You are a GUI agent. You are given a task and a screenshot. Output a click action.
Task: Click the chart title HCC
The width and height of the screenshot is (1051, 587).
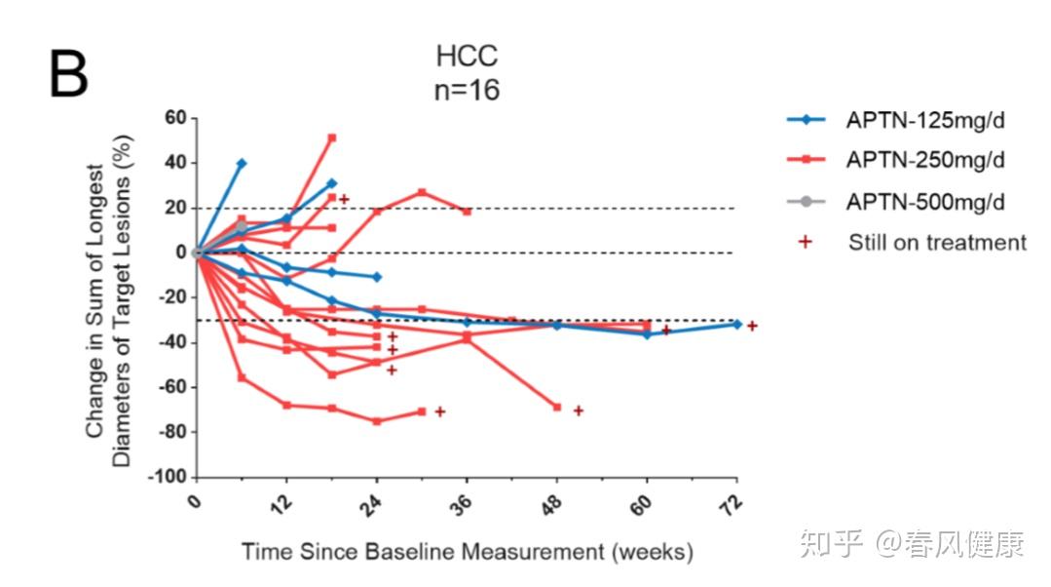click(467, 56)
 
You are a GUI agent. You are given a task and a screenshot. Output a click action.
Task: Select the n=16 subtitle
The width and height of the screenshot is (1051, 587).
click(467, 91)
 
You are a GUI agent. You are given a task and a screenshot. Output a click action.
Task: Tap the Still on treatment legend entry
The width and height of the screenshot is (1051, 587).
click(936, 242)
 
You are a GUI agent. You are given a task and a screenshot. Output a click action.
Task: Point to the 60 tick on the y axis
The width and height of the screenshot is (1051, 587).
click(174, 119)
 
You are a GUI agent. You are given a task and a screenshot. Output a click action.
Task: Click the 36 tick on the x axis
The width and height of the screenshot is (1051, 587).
click(464, 505)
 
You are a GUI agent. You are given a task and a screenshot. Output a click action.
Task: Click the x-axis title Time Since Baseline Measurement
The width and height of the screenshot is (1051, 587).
click(467, 552)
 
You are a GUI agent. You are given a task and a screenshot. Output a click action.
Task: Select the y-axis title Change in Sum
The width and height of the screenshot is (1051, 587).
click(108, 297)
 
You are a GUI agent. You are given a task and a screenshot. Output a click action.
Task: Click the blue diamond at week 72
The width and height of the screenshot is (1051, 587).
click(736, 324)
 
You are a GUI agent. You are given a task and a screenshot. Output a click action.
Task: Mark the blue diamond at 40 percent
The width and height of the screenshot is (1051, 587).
click(242, 164)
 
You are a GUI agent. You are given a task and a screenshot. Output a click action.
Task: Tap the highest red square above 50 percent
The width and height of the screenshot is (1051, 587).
click(331, 137)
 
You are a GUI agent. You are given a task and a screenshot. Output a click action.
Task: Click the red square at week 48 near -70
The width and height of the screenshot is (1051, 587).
click(557, 407)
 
